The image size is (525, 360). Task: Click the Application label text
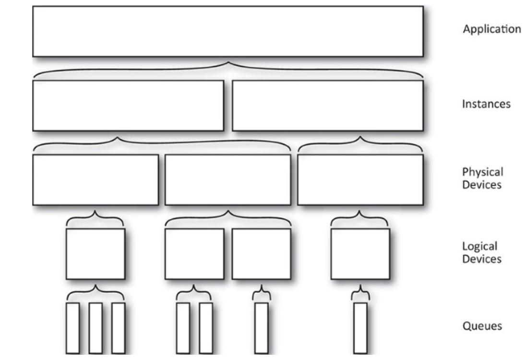[x=491, y=29]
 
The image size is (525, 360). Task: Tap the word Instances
[x=486, y=104]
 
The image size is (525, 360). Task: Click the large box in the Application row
[x=228, y=32]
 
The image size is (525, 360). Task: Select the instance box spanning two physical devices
[x=128, y=105]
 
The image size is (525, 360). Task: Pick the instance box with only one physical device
[x=328, y=105]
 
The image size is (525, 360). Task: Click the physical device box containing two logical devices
[x=227, y=180]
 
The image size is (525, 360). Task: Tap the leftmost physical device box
[x=95, y=180]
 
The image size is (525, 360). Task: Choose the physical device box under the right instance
[x=360, y=180]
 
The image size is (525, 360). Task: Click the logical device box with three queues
[x=95, y=254]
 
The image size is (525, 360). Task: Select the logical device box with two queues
[x=194, y=254]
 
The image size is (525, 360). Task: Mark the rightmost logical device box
[x=360, y=254]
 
